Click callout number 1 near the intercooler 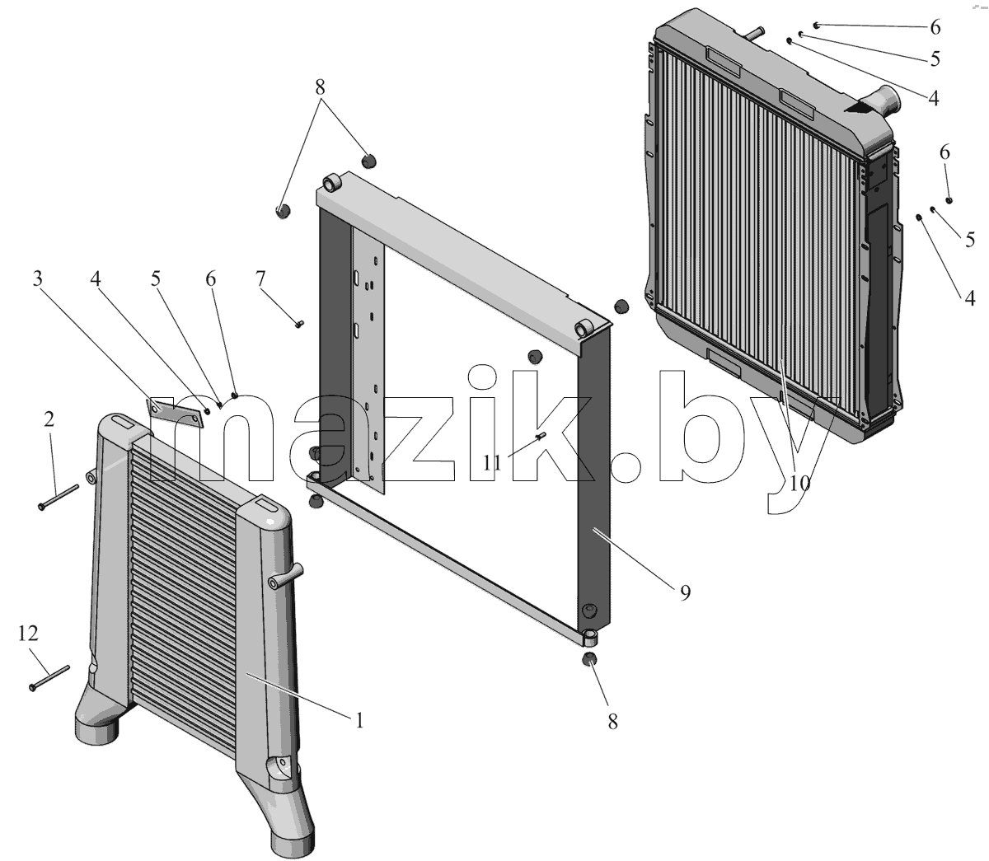359,721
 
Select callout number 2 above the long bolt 49,420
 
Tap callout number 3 37,278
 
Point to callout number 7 260,278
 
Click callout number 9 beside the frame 685,592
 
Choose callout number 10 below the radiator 799,483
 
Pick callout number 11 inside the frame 493,463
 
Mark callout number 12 28,634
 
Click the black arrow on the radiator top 859,108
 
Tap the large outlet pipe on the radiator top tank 879,102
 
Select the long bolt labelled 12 49,677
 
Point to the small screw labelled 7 298,323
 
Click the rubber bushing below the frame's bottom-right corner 588,659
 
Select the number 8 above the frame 320,87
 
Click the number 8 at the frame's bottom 612,722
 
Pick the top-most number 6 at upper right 935,27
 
